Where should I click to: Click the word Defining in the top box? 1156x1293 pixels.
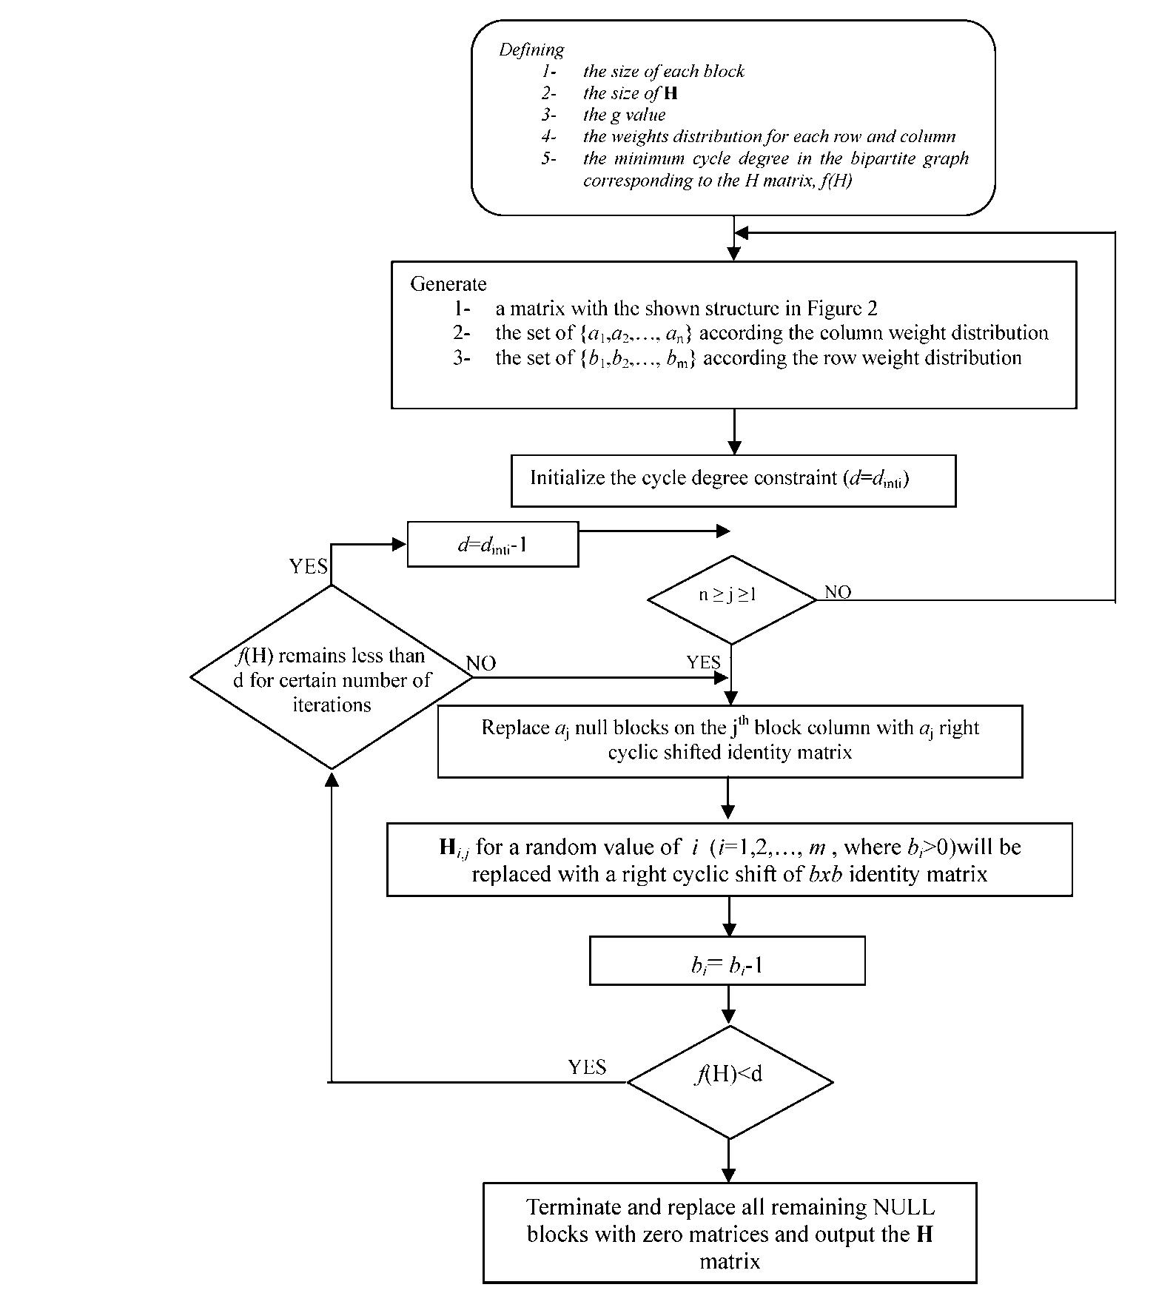(x=531, y=50)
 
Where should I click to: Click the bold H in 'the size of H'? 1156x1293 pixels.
(x=671, y=93)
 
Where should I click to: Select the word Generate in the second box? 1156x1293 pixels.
(x=448, y=284)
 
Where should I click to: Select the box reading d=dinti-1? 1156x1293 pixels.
(x=492, y=545)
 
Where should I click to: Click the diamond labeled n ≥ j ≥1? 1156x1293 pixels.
(x=730, y=600)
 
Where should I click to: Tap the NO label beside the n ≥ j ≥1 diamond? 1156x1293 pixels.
(x=838, y=592)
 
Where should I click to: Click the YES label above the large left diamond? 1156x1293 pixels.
(x=308, y=567)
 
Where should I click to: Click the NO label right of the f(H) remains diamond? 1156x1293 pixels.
(x=481, y=663)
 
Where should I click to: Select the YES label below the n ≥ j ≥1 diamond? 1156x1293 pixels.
(x=702, y=662)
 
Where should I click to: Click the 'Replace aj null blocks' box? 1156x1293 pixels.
(x=729, y=740)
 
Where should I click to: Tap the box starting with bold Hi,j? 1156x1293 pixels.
(x=729, y=859)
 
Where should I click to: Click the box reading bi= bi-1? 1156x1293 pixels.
(x=727, y=961)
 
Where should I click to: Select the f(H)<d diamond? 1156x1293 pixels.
(x=729, y=1081)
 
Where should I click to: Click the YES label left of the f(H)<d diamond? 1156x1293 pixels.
(x=587, y=1067)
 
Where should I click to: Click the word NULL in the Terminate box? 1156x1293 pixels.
(x=904, y=1207)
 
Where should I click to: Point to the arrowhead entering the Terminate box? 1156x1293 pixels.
(x=729, y=1175)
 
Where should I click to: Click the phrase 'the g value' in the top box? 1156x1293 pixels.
(x=624, y=115)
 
